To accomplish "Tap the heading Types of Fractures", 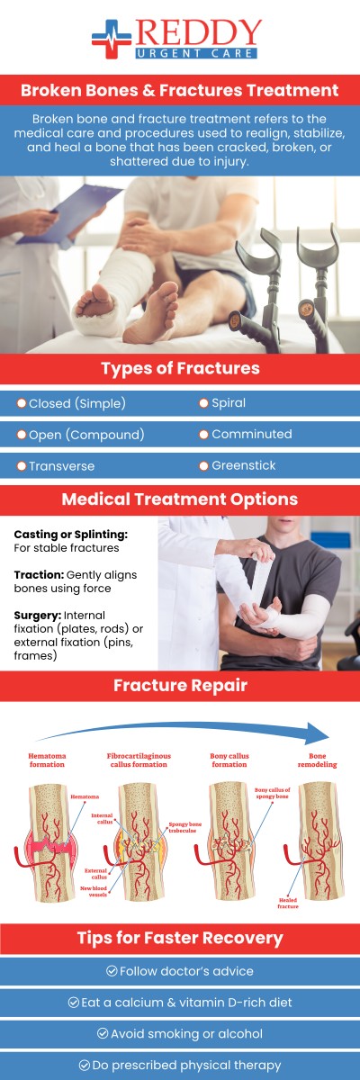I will point(180,369).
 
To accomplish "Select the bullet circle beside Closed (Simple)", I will point(22,402).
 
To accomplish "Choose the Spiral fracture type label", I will point(229,402).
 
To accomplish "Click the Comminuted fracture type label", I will point(251,434).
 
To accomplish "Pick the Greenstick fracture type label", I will point(243,465).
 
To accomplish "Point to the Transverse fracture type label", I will point(61,466).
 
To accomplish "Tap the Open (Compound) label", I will point(85,434).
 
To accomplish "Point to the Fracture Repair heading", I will point(180,685).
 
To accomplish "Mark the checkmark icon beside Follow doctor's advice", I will point(112,970).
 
